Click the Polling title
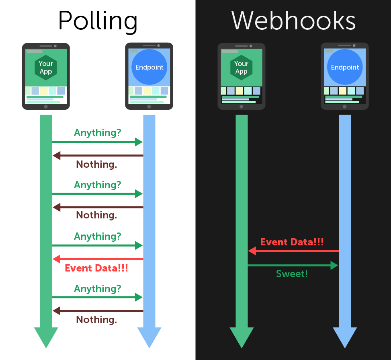tap(98, 21)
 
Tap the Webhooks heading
tap(293, 21)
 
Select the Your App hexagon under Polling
tap(46, 67)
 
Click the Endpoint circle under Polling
tap(149, 67)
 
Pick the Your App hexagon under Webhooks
tap(241, 67)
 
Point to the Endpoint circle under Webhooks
tap(345, 67)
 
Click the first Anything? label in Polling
tap(97, 132)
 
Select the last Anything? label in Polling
tap(97, 288)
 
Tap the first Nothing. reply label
tap(96, 164)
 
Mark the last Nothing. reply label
tap(96, 320)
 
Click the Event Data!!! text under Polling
tap(96, 268)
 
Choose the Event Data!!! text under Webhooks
tap(292, 242)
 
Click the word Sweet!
tap(292, 274)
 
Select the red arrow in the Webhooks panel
tap(293, 251)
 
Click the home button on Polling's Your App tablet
tap(46, 107)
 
